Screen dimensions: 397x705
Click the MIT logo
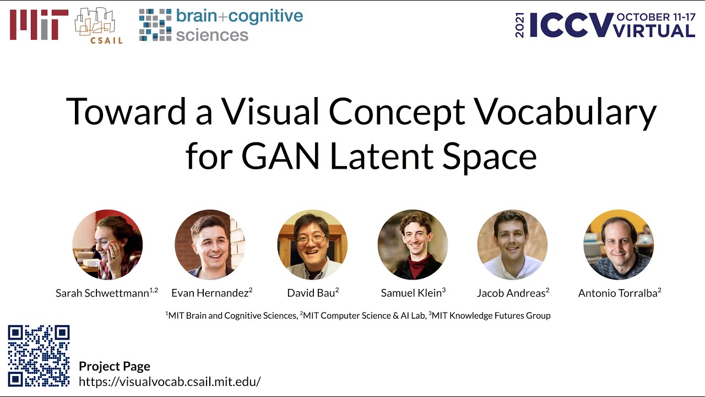pos(39,25)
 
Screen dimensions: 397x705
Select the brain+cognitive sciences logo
pos(221,25)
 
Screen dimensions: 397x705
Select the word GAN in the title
pos(280,155)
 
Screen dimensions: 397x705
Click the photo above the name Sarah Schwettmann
pos(107,245)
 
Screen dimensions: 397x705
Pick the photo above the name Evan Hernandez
pos(210,245)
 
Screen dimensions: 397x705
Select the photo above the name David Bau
pos(312,245)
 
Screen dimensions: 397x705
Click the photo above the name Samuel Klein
pos(413,245)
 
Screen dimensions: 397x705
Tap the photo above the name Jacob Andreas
pos(512,245)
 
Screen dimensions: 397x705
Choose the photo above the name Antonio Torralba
pos(619,245)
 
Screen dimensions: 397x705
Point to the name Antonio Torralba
pos(618,293)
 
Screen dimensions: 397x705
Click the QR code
pos(39,356)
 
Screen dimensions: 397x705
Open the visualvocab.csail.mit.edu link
pos(170,381)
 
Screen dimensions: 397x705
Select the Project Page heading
pos(115,366)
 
